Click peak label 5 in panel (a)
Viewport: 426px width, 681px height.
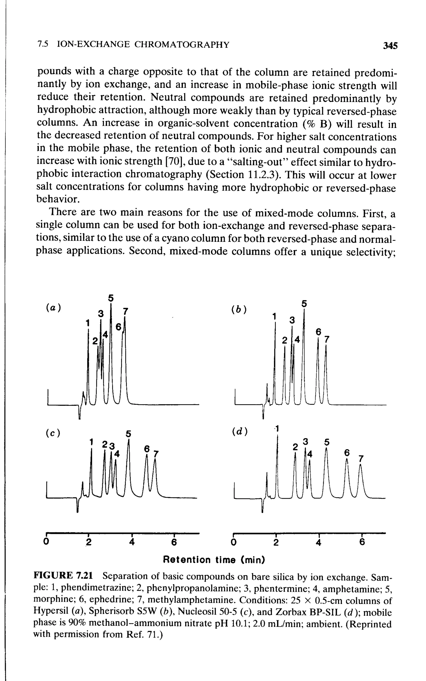[111, 298]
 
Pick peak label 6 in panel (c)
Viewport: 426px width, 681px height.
[146, 449]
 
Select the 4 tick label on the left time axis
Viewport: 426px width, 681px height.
[132, 542]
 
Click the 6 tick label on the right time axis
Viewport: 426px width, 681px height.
[362, 542]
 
